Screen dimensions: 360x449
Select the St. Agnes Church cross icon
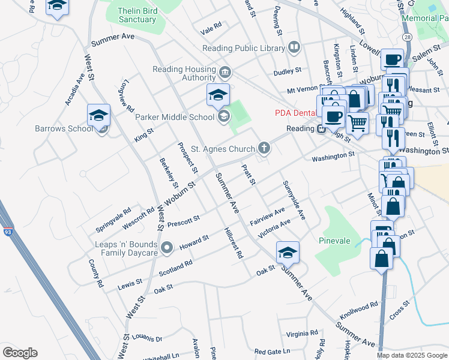(x=264, y=148)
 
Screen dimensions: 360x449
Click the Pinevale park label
(x=334, y=241)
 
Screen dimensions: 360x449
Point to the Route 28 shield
(x=408, y=37)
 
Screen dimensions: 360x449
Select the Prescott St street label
(x=183, y=222)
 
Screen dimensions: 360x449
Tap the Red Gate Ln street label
(x=272, y=351)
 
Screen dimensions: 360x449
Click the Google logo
(x=20, y=353)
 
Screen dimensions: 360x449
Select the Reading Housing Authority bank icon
(x=224, y=73)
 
